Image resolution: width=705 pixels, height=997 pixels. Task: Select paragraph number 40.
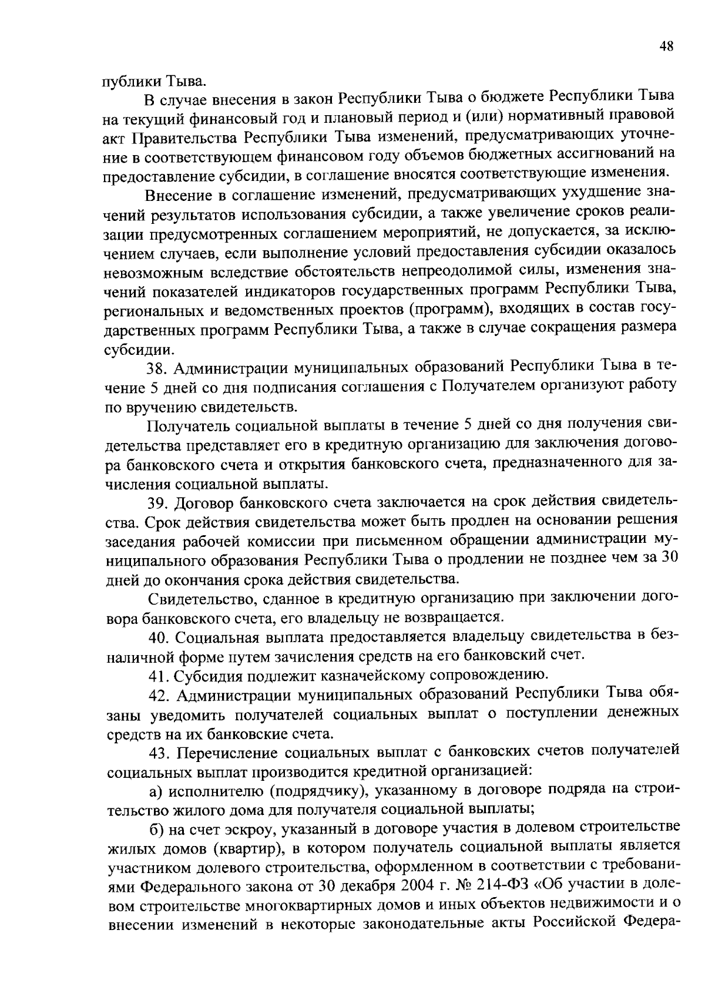click(157, 637)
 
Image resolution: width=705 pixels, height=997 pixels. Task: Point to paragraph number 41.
click(156, 676)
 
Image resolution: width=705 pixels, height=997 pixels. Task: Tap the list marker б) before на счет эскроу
click(156, 829)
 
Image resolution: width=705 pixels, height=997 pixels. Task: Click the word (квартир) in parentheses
click(250, 848)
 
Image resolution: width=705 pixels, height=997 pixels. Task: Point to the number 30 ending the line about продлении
click(670, 559)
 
